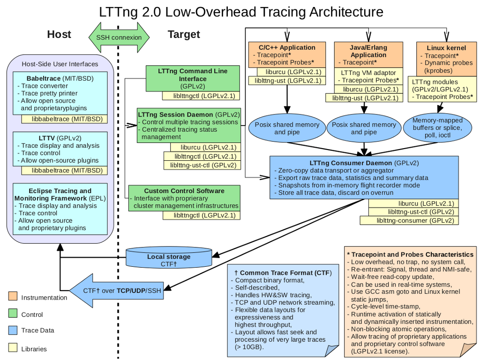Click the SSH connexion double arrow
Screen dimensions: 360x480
click(x=119, y=37)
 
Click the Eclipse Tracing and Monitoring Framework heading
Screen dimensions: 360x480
click(x=60, y=195)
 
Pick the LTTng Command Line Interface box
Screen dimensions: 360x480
click(x=193, y=78)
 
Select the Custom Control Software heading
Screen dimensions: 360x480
click(x=184, y=191)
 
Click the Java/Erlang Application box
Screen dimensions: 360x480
click(x=368, y=55)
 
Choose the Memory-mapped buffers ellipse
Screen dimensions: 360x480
click(x=437, y=128)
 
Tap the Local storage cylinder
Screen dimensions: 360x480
click(x=169, y=259)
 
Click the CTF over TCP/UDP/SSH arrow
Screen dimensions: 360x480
click(x=121, y=290)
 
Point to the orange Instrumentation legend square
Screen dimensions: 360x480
click(x=13, y=297)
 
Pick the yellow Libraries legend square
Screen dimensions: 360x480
click(x=13, y=348)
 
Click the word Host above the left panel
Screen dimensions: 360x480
click(x=59, y=34)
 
